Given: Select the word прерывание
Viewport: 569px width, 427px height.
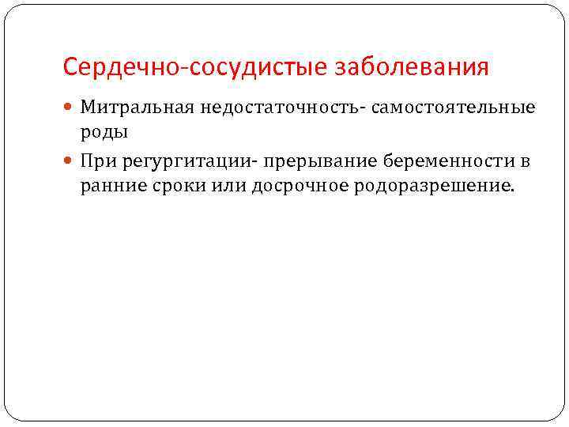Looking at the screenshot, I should [318, 162].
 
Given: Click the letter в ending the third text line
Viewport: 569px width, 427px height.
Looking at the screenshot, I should [526, 162].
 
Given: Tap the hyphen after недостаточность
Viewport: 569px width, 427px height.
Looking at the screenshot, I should [359, 108].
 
